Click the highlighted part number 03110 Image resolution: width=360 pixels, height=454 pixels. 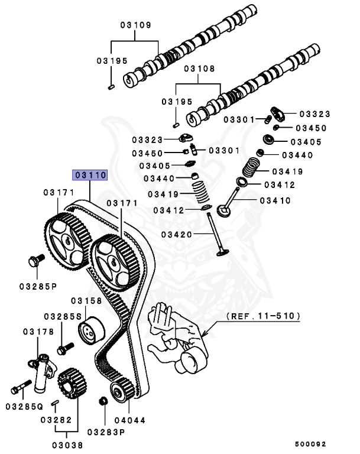coord(89,175)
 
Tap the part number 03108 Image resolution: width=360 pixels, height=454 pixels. coord(199,69)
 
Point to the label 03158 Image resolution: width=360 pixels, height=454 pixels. coord(87,301)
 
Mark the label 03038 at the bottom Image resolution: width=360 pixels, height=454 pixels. coord(66,445)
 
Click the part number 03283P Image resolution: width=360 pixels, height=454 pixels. coord(107,432)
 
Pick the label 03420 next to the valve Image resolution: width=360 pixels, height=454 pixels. coord(180,235)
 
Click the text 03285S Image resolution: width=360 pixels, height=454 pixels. coord(62,316)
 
